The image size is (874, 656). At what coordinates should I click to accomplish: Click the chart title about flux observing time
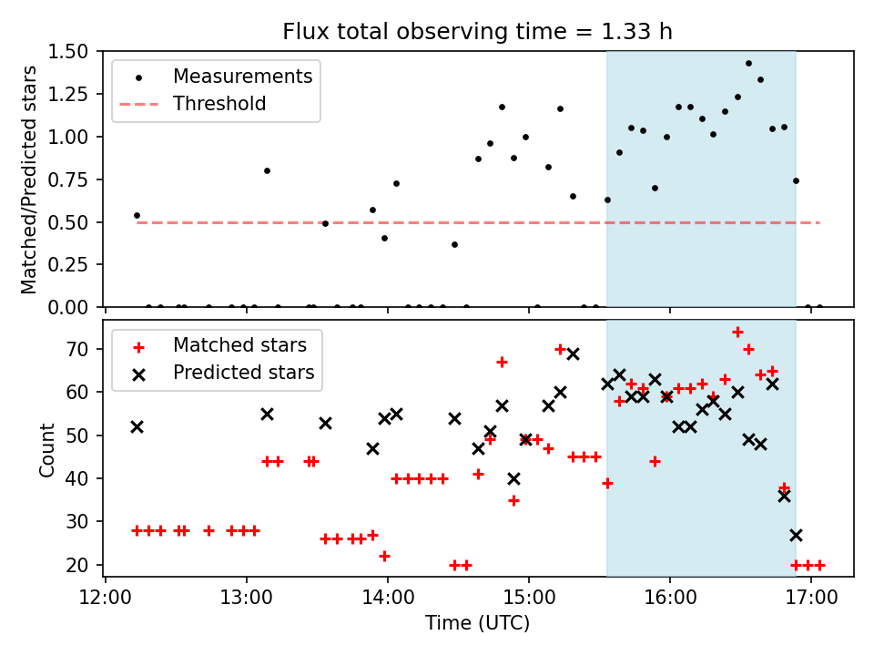(x=478, y=33)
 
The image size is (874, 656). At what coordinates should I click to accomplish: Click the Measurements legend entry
(x=242, y=77)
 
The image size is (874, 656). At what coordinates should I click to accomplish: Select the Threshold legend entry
(x=219, y=104)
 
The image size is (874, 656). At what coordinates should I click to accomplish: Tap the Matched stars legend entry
(x=239, y=345)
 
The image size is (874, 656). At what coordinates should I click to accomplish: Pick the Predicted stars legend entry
(x=243, y=373)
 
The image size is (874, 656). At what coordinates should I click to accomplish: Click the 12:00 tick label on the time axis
(x=106, y=599)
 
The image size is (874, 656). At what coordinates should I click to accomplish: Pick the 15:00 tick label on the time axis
(x=529, y=599)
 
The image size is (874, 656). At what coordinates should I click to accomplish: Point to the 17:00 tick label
(x=811, y=599)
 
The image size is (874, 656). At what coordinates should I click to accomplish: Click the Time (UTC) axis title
(x=478, y=624)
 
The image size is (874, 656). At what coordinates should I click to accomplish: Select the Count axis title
(x=46, y=449)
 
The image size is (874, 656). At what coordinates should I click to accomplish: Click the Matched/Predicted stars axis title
(x=30, y=179)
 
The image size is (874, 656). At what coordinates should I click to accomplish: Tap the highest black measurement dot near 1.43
(x=748, y=64)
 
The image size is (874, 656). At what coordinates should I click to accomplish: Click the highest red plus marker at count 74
(x=737, y=333)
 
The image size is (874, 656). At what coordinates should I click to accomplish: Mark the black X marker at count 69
(x=573, y=354)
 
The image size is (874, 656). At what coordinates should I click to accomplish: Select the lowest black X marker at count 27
(x=796, y=535)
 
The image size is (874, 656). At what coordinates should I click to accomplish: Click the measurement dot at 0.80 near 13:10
(x=267, y=170)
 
